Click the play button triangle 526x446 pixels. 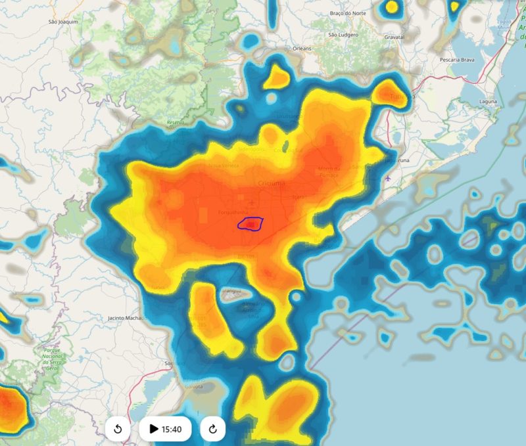coord(153,429)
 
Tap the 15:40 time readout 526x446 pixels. coord(172,429)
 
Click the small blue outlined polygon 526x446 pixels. coord(251,225)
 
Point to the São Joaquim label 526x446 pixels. coord(64,22)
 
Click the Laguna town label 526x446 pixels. coord(488,102)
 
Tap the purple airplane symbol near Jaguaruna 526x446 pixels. coord(388,178)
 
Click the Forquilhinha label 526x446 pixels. coord(232,212)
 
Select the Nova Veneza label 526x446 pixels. coord(222,166)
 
